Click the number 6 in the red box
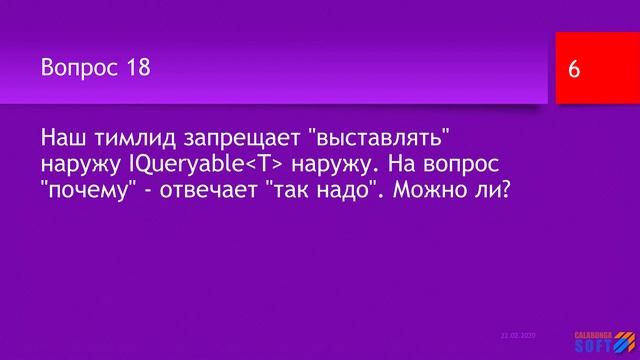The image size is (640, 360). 574,70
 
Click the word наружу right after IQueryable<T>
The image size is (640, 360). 321,162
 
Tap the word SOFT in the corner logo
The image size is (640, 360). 596,346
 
